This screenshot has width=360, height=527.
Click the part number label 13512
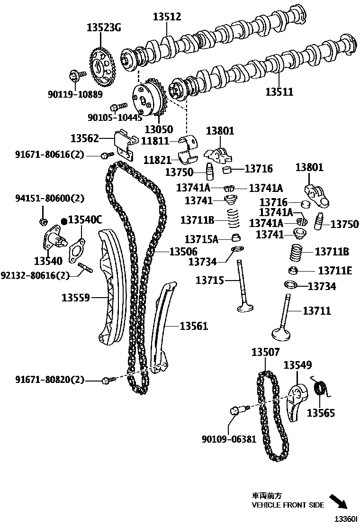tap(167, 18)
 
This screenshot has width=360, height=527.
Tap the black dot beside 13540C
tap(64, 221)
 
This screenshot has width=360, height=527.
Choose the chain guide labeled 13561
tap(161, 327)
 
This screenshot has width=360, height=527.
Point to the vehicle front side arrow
tap(338, 501)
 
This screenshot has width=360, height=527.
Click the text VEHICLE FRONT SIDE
tap(288, 505)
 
